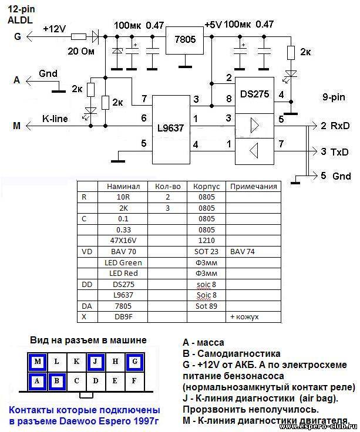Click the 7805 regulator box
coord(184,41)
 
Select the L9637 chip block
coord(171,130)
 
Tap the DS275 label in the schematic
coord(254,94)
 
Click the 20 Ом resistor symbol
coord(79,36)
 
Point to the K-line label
coord(55,119)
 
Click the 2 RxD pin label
coord(335,126)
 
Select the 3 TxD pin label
coord(334,152)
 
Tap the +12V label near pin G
coord(54,29)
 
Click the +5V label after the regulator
coord(213,25)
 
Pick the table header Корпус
coord(207,187)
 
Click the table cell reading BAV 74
coord(243,252)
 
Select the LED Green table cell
coord(123,262)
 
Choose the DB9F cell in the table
coord(123,316)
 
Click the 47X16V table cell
coord(123,241)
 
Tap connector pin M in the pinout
coord(38,362)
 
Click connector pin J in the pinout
coord(95,362)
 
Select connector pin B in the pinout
coord(57,381)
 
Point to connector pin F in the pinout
coord(134,381)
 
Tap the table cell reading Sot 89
coord(206,306)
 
